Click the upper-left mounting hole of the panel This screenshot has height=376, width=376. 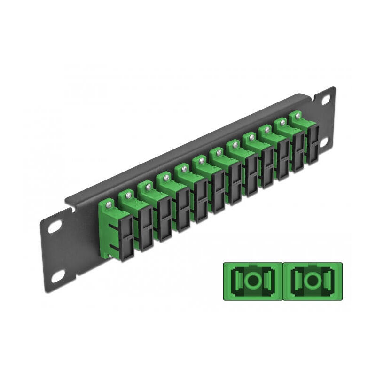click(55, 227)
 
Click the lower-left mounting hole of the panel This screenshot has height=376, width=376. click(58, 276)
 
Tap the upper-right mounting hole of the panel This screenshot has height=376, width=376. click(324, 100)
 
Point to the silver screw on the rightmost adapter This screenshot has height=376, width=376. click(298, 115)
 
